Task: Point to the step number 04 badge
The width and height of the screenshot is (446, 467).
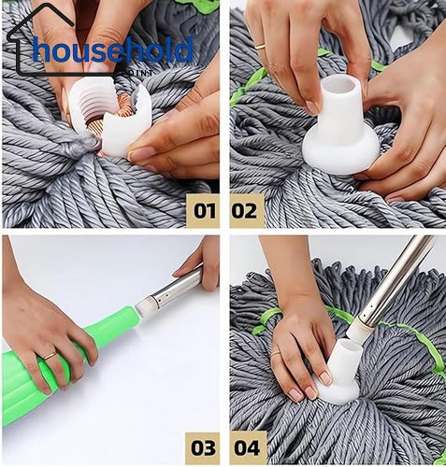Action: point(247,447)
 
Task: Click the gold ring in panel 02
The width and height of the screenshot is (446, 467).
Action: point(261,45)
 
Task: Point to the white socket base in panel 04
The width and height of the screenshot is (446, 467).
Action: point(341,374)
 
